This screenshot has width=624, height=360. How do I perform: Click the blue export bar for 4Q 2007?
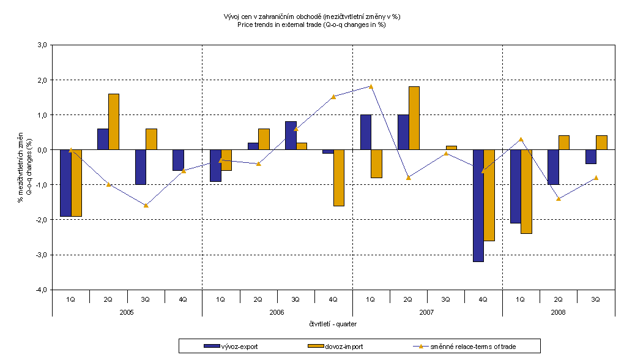click(x=478, y=205)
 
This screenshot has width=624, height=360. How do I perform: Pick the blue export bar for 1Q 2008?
click(x=515, y=186)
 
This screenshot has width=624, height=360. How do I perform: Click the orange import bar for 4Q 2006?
click(x=339, y=178)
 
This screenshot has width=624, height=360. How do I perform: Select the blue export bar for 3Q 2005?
click(x=141, y=167)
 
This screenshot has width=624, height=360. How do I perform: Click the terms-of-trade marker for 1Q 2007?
click(x=371, y=86)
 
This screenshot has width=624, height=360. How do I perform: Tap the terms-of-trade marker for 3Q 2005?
click(x=146, y=205)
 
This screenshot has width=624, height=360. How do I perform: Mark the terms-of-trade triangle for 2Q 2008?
click(x=559, y=198)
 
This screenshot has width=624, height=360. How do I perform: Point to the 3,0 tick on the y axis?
click(x=42, y=45)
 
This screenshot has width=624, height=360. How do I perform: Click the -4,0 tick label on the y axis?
click(x=40, y=290)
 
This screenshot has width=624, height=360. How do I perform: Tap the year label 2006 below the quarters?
click(x=277, y=312)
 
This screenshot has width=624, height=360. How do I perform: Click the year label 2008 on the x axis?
click(x=559, y=312)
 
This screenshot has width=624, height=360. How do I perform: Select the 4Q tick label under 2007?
click(x=483, y=299)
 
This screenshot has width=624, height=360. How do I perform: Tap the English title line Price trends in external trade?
click(x=312, y=24)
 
